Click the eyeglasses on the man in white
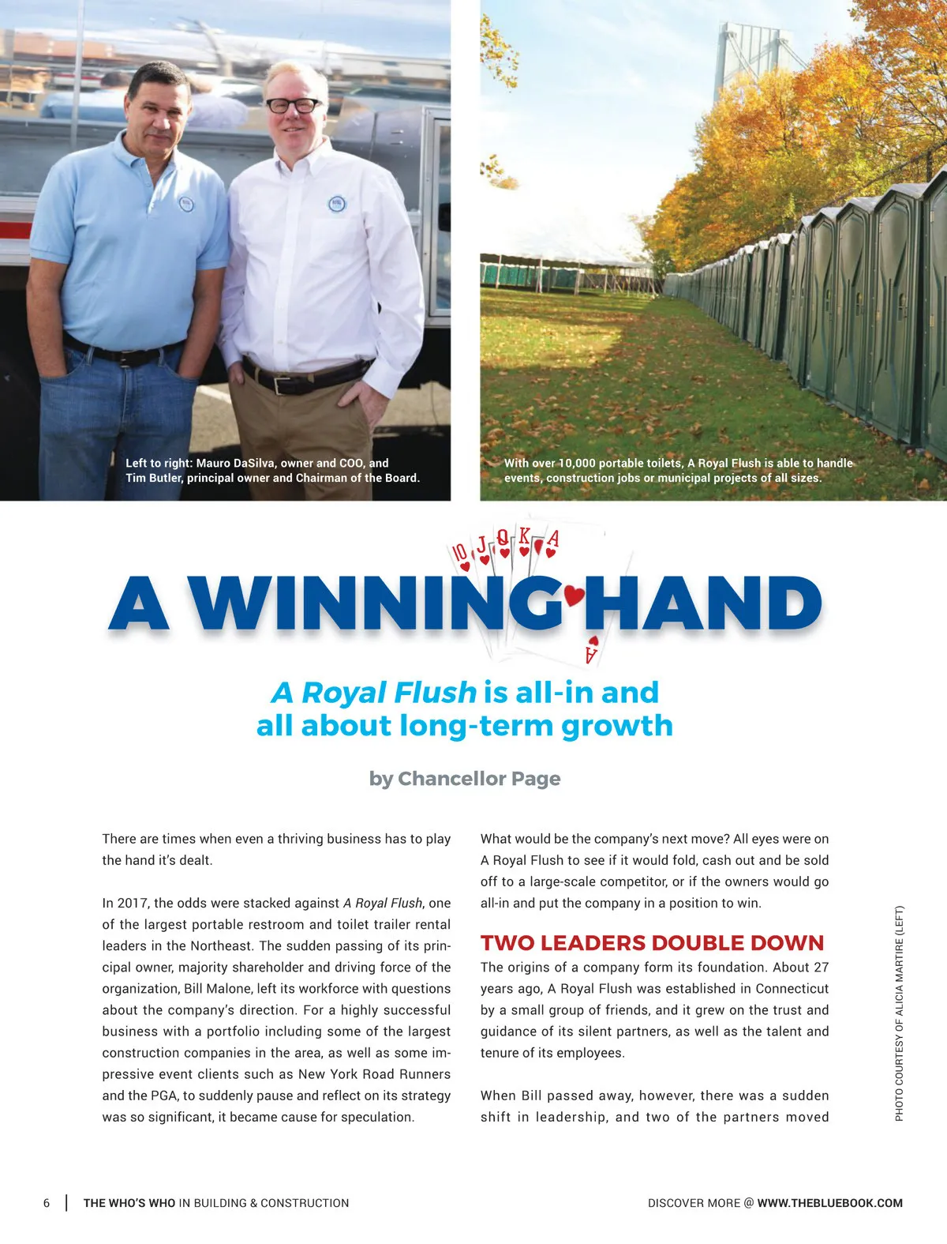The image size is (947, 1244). click(x=294, y=105)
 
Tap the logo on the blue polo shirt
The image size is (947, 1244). click(x=186, y=203)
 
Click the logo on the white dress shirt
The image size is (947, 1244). click(x=337, y=204)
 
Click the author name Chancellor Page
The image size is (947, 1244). click(x=479, y=778)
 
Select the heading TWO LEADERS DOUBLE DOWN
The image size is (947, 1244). click(x=652, y=942)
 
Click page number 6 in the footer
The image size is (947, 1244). click(x=47, y=1203)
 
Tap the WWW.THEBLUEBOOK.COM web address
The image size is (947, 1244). click(x=829, y=1203)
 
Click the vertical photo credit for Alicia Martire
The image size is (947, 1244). click(x=899, y=1013)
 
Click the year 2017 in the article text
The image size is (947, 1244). click(x=133, y=903)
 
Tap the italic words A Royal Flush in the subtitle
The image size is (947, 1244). click(x=374, y=693)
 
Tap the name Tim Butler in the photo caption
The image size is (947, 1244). click(x=153, y=478)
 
